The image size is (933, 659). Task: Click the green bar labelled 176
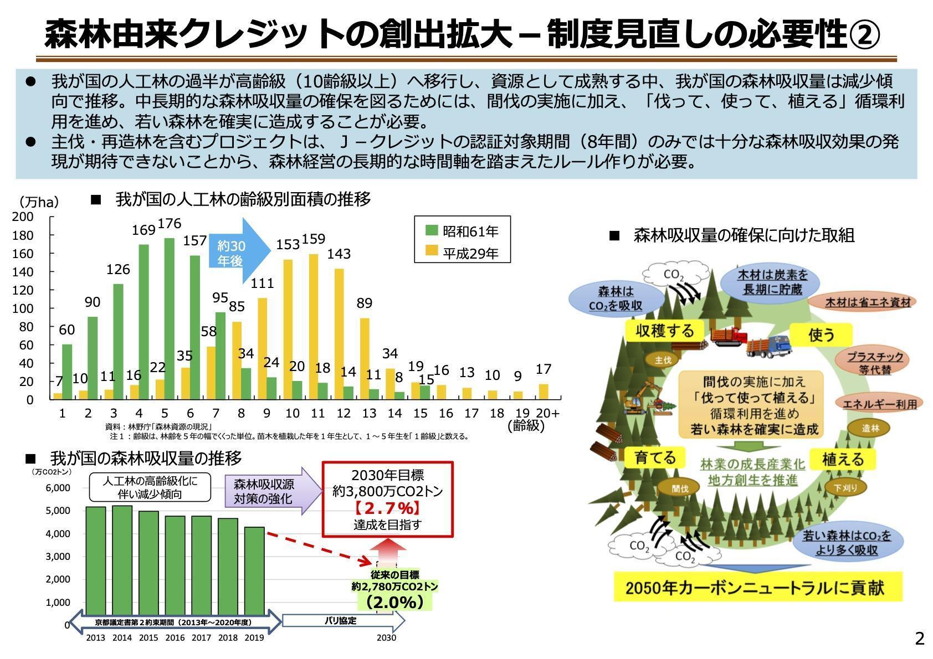point(169,319)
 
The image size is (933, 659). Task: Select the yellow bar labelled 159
point(314,327)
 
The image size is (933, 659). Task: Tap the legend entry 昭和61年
point(462,231)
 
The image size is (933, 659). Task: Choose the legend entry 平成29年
point(462,253)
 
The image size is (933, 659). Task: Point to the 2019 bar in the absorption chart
point(254,571)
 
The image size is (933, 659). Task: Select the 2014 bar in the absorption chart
point(122,560)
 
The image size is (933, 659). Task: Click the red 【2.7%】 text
point(387,508)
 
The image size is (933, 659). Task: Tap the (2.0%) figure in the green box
point(395,602)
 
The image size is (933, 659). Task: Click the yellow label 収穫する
point(665,331)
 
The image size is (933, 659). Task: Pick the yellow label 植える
point(843,459)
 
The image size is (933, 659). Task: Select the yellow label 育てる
point(655,457)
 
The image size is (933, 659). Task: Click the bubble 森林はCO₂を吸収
point(616,298)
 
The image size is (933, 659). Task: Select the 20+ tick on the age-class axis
point(548,413)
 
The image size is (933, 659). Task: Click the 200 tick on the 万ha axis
point(23,217)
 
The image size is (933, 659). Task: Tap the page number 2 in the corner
point(920,638)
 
